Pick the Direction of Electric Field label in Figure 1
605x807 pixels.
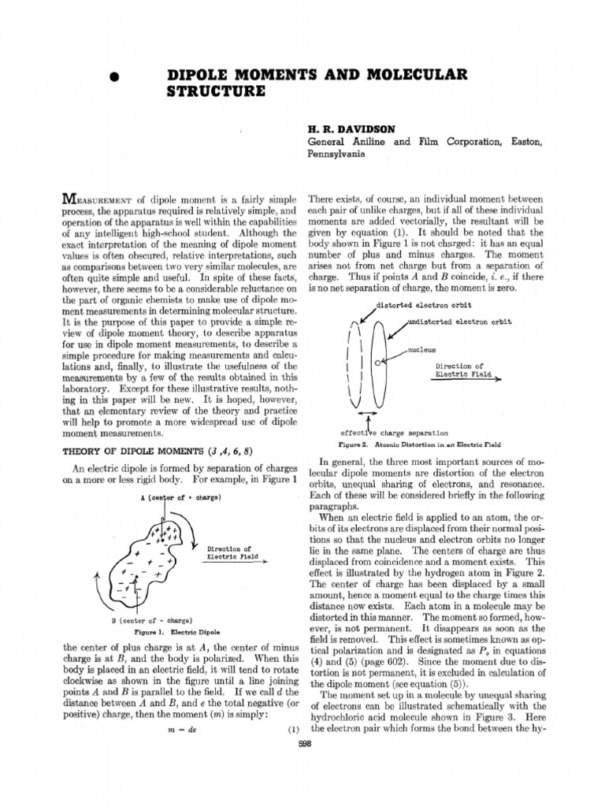[228, 552]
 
